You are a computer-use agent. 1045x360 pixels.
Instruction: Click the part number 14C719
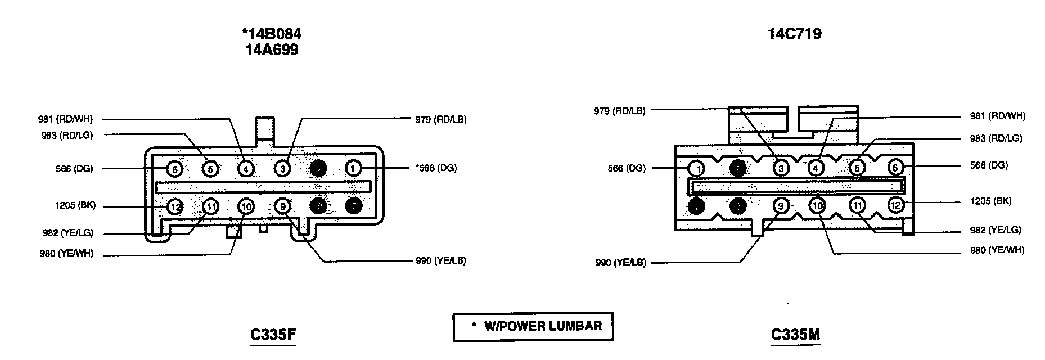794,34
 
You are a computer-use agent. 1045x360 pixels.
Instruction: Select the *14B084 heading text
271,34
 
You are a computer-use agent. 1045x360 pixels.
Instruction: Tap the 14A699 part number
271,50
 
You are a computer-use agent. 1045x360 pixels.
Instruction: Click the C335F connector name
273,335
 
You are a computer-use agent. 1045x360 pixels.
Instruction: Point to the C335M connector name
795,335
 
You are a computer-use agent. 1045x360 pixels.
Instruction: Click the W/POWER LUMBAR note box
533,326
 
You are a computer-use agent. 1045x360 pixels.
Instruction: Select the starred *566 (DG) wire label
436,168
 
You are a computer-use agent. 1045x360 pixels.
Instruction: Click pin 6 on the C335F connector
174,168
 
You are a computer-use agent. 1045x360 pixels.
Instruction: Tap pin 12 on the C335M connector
895,206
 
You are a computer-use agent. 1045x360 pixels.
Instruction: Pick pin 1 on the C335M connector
697,168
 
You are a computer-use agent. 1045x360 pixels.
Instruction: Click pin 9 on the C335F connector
283,206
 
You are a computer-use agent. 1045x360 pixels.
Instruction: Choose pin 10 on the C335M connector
818,206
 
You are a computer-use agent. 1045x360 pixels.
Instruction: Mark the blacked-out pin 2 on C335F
318,168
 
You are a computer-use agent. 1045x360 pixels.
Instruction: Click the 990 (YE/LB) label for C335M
621,263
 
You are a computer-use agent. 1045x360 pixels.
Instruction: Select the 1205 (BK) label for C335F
75,206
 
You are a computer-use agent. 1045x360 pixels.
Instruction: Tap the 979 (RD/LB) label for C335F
440,119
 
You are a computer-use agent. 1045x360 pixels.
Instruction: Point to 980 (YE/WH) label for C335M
997,250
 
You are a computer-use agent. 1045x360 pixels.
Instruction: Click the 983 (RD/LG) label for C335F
67,135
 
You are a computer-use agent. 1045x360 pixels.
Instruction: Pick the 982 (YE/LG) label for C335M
995,230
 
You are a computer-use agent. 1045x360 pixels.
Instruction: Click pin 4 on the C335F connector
246,168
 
